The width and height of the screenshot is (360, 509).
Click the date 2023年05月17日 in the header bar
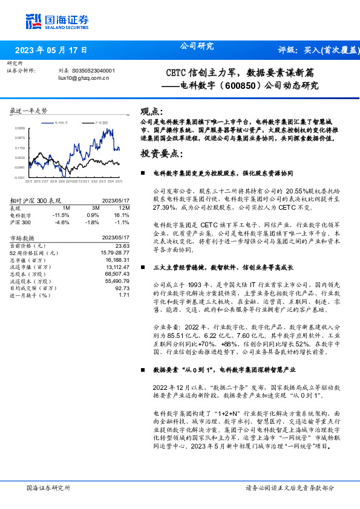(x=51, y=50)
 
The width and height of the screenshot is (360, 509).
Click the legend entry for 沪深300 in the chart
(x=101, y=122)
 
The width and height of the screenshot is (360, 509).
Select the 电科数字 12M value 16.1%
(x=122, y=215)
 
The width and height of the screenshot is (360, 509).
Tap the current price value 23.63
(x=122, y=246)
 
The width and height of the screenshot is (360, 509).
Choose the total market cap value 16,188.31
(x=118, y=259)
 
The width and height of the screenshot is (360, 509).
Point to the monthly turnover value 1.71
(x=124, y=295)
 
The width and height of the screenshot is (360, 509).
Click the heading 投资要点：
(x=161, y=154)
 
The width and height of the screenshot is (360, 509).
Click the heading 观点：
(x=151, y=111)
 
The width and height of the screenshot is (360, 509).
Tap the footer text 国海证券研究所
(x=48, y=488)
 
